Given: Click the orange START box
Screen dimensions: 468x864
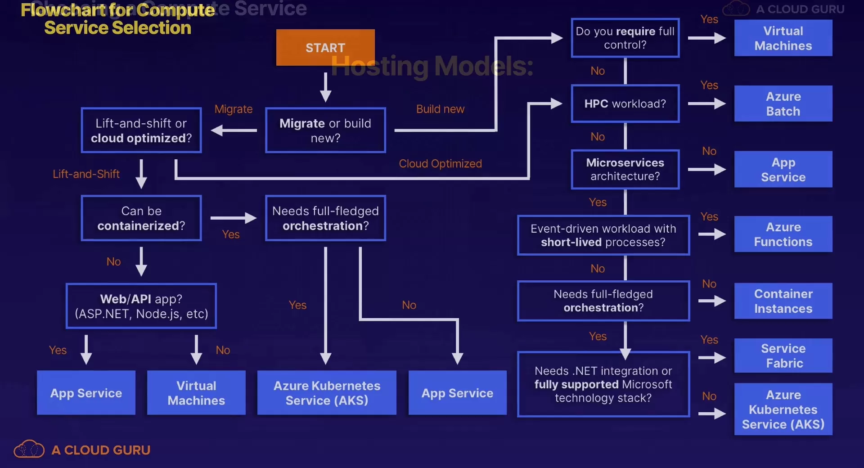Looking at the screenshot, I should (325, 47).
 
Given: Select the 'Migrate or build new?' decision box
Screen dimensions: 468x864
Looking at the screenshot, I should (325, 130).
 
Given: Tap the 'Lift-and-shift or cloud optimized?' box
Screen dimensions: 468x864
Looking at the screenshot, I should (141, 130).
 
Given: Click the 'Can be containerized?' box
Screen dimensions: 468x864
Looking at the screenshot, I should (141, 218).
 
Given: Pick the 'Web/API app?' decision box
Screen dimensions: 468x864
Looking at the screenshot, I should (141, 306).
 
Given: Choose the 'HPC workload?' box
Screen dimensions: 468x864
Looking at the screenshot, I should (625, 103).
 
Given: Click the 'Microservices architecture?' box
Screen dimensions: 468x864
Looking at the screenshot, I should (625, 169).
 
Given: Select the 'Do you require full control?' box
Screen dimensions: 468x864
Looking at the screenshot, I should (625, 38).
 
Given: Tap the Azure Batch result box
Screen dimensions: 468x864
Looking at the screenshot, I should (783, 103).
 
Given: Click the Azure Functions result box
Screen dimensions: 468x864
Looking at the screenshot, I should (783, 234).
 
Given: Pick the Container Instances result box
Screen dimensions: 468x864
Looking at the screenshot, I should (783, 301).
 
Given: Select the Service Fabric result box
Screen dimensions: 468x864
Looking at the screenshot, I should (783, 355).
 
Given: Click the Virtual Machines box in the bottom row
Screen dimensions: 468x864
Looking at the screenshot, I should (196, 392).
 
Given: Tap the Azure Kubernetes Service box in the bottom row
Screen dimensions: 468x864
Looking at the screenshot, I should (327, 392).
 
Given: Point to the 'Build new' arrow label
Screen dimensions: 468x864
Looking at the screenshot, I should (440, 109).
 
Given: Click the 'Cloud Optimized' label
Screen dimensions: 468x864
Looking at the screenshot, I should (440, 163).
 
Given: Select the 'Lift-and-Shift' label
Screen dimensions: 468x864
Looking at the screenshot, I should (86, 174).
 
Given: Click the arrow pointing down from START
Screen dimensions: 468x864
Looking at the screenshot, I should (325, 87).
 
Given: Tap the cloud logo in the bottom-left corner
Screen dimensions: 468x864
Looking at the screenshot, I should (29, 449).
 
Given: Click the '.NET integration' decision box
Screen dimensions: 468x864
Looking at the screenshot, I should (603, 384).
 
